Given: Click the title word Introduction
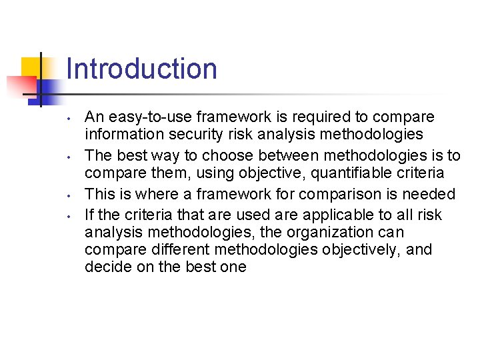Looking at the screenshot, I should tap(142, 69).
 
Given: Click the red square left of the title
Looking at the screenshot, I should tap(20, 86).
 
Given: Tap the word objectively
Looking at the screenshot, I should tap(361, 250).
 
